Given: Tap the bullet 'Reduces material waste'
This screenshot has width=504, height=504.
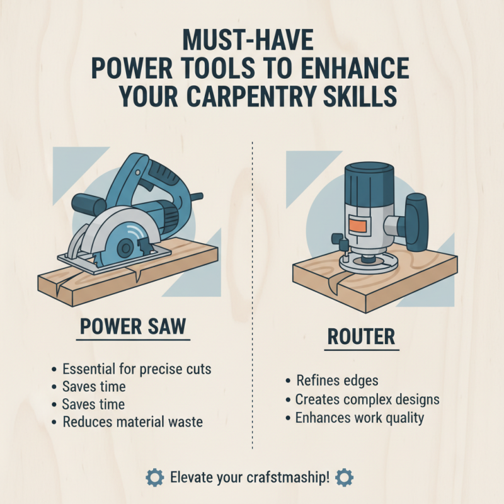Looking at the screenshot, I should click(x=132, y=422).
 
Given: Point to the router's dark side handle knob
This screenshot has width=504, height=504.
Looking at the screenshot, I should click(x=418, y=217).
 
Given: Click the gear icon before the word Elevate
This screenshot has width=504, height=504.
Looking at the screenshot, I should click(x=154, y=477).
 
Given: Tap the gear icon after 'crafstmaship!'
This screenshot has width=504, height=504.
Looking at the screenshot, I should click(x=345, y=477).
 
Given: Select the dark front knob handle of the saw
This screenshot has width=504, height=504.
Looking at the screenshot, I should click(x=88, y=203).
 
